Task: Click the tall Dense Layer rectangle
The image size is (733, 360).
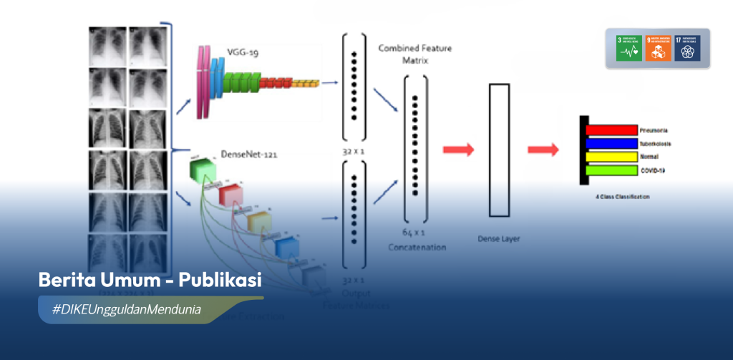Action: click(x=499, y=150)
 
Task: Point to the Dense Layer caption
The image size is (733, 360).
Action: click(x=498, y=238)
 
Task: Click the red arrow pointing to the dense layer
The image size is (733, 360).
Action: click(x=458, y=150)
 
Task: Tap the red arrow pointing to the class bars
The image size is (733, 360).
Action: click(x=543, y=150)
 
